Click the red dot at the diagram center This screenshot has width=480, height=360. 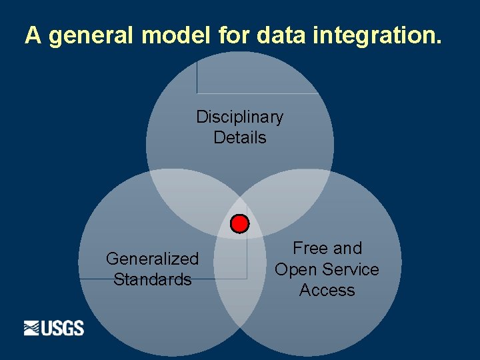[x=239, y=223]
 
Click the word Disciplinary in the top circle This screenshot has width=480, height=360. [x=239, y=117]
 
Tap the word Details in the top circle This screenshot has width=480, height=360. [x=239, y=138]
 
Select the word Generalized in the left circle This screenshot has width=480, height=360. [x=152, y=259]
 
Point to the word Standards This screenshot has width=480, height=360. [x=152, y=279]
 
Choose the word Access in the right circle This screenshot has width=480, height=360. [x=327, y=290]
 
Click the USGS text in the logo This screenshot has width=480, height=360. [x=63, y=328]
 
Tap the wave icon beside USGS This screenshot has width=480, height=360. [x=32, y=328]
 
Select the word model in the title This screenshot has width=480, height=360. [x=177, y=35]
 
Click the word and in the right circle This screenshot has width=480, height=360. [x=347, y=249]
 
